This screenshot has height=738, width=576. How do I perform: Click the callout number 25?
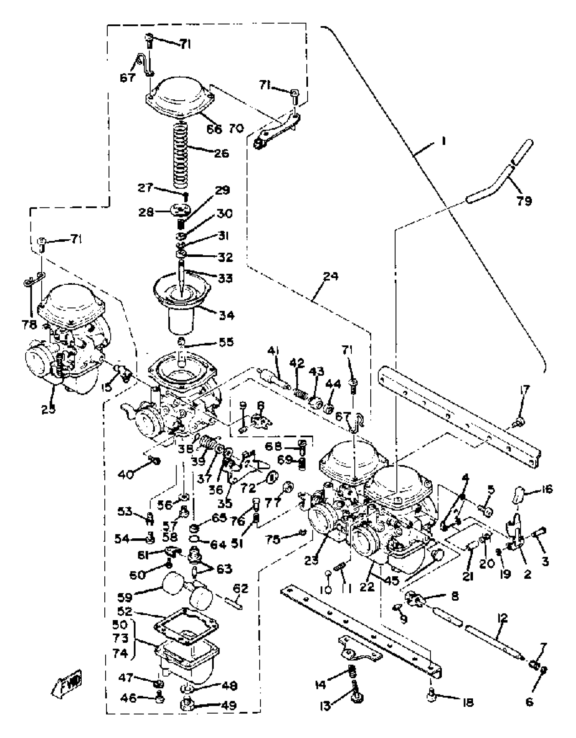pyautogui.click(x=49, y=409)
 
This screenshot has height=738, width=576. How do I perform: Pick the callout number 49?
pyautogui.click(x=229, y=706)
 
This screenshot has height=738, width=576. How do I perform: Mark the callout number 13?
pyautogui.click(x=326, y=706)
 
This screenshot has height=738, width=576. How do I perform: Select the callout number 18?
pyautogui.click(x=468, y=702)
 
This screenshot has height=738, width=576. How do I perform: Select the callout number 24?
pyautogui.click(x=331, y=276)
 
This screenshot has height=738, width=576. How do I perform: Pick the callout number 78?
pyautogui.click(x=29, y=324)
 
